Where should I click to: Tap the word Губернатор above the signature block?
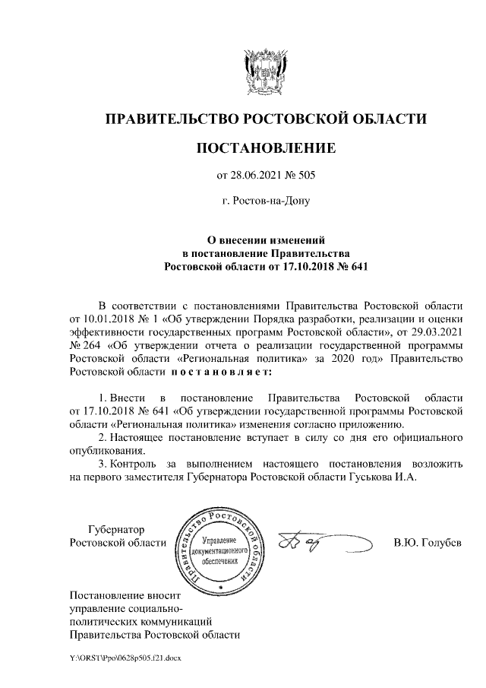coord(118,529)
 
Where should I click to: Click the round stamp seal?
coord(219,550)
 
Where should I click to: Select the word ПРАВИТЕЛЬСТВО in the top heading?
coord(171,118)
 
